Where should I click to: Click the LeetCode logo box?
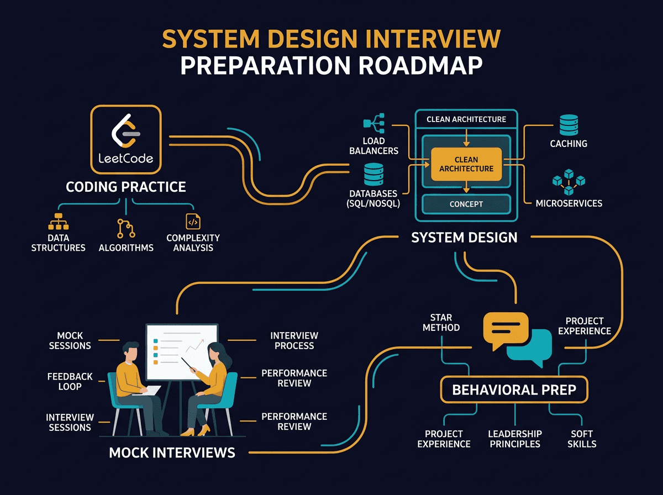pos(125,140)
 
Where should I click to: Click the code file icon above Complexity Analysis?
pos(193,221)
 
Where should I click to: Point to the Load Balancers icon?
pos(374,123)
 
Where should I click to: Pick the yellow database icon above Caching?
pos(569,125)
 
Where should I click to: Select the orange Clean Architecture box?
pos(466,164)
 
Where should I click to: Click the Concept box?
pos(466,204)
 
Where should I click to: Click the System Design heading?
pos(464,238)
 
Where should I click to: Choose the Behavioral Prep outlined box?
pos(514,390)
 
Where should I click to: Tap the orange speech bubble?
pos(505,329)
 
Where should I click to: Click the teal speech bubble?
pos(530,347)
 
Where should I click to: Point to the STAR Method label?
pos(441,323)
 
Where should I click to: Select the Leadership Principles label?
pos(514,439)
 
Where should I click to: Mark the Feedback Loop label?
pos(70,381)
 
